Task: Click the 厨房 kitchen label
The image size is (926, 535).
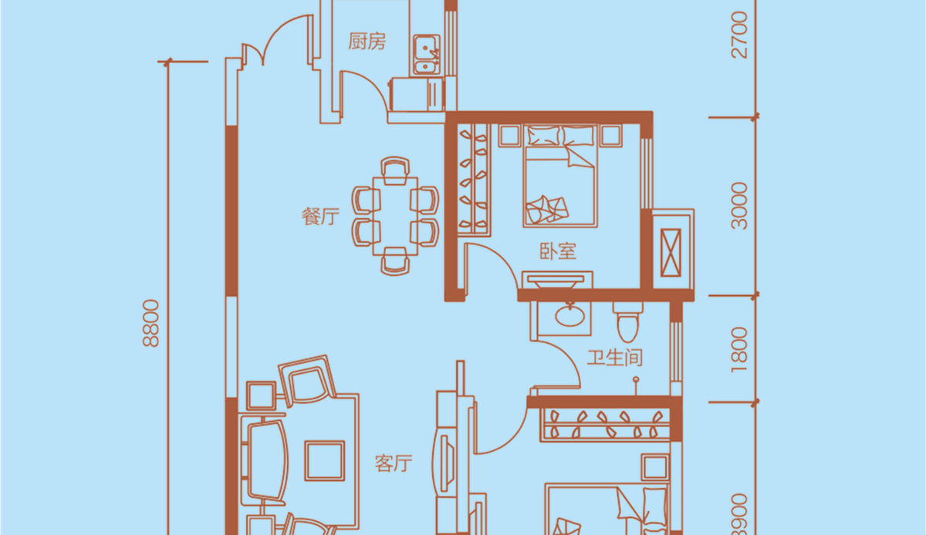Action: (x=367, y=42)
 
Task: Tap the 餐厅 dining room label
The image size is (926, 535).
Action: (x=320, y=217)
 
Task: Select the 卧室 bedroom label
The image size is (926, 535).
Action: (x=558, y=251)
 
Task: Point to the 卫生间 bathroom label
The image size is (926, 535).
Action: (x=615, y=358)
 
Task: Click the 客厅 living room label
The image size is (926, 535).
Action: (x=394, y=463)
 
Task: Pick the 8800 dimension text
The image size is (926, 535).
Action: (x=151, y=323)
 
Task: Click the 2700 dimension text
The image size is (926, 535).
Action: (x=739, y=35)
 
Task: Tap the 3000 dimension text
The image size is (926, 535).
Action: (x=739, y=206)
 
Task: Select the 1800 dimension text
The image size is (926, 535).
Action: (x=739, y=349)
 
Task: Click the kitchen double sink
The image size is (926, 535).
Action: (x=425, y=55)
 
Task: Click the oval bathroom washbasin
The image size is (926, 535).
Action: (x=570, y=316)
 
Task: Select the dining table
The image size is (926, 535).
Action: (x=395, y=216)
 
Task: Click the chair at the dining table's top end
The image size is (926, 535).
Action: (x=395, y=170)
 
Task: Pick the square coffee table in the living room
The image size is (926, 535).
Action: (x=325, y=461)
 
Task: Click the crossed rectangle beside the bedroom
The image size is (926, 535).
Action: (x=671, y=253)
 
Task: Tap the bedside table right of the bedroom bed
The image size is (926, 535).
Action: (x=611, y=135)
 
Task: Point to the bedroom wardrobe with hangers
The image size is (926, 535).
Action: (x=474, y=180)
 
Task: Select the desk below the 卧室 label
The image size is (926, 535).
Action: (x=557, y=280)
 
